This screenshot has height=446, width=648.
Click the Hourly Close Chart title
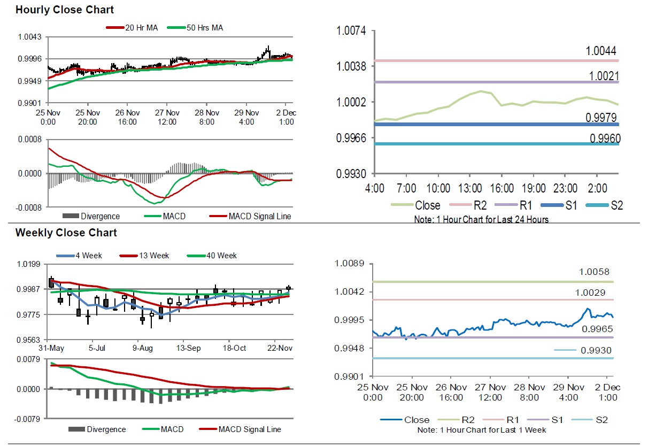tap(65, 10)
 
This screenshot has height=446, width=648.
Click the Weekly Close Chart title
tap(66, 233)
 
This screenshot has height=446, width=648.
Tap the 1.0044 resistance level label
tap(601, 51)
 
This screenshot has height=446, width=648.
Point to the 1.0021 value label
tap(602, 75)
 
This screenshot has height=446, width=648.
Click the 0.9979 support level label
tap(602, 118)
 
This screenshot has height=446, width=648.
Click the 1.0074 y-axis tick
tap(351, 30)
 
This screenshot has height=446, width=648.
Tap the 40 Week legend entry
tap(221, 256)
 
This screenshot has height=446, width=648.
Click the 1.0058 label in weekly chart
tap(594, 272)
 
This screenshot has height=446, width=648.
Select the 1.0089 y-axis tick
tap(349, 263)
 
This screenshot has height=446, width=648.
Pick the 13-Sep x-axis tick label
tap(189, 348)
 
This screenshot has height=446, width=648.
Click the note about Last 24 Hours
tap(481, 219)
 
